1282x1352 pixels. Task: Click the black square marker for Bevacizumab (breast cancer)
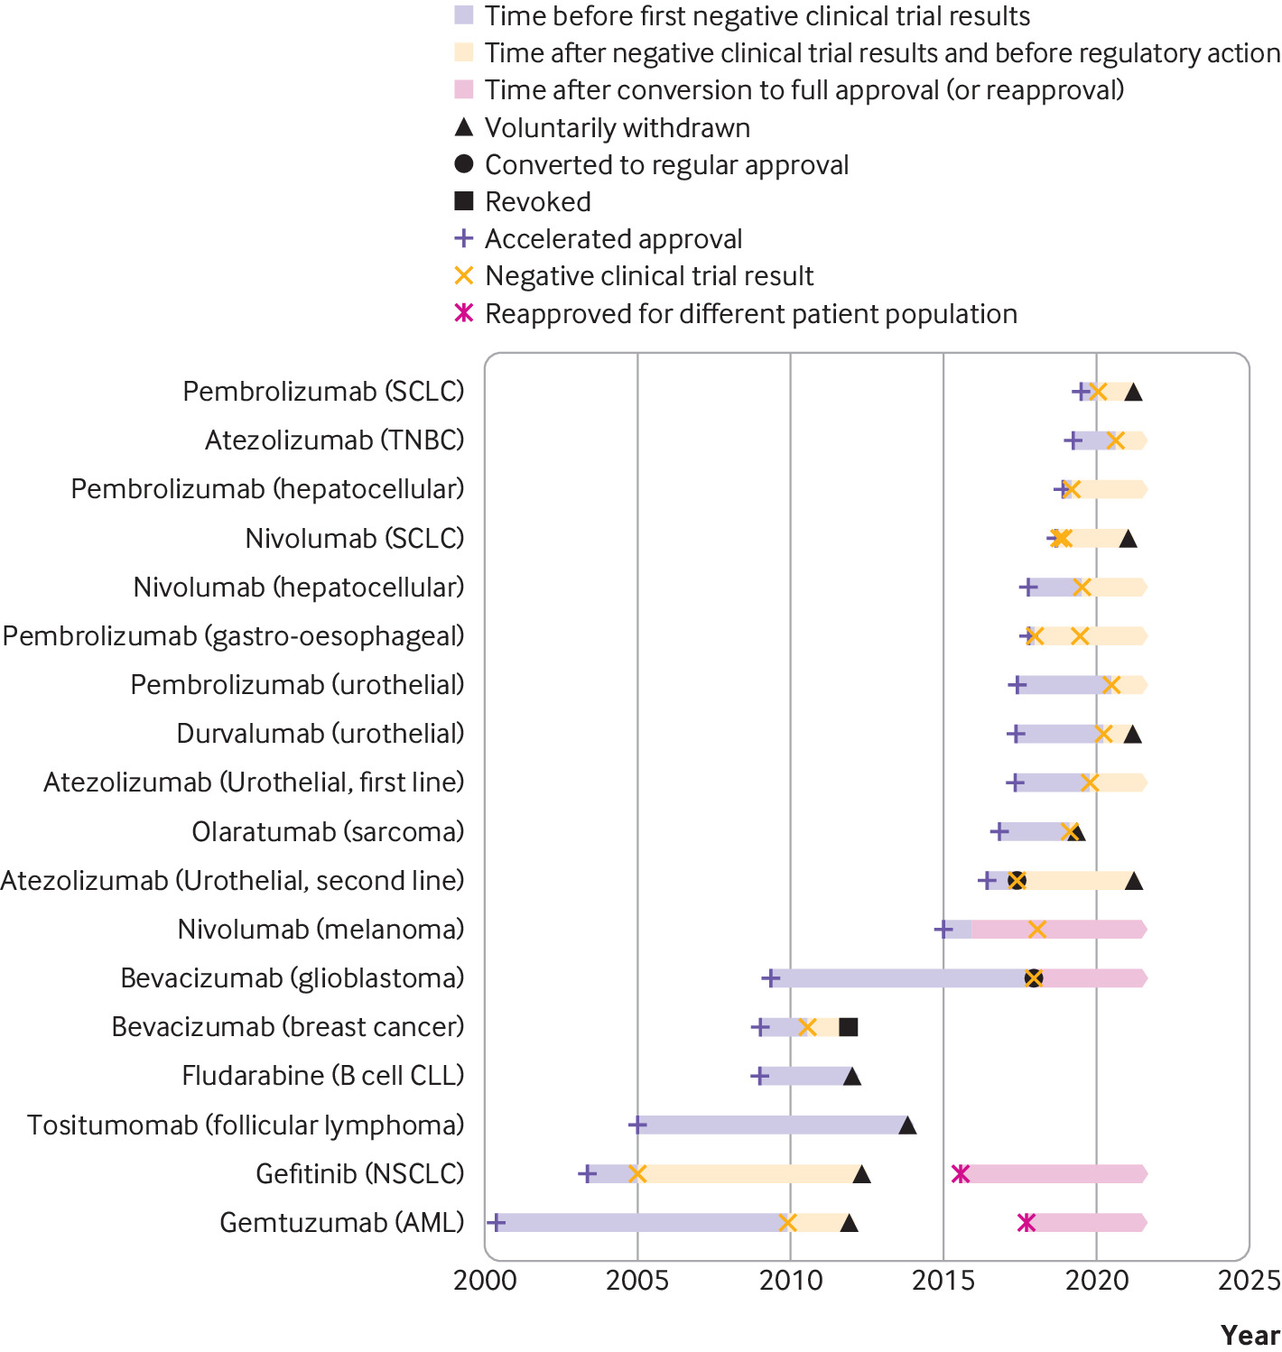pos(849,1027)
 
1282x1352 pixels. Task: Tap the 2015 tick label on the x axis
pos(943,1281)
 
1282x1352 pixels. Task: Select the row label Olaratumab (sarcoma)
pos(328,831)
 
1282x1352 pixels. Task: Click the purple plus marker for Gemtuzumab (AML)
pos(496,1223)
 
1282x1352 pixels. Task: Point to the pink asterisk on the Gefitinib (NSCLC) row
pos(961,1174)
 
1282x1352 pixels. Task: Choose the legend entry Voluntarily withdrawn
pos(617,128)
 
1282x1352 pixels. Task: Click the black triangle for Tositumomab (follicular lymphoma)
pos(907,1125)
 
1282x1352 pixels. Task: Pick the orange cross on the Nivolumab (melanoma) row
pos(1037,930)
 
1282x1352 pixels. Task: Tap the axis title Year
pos(1250,1335)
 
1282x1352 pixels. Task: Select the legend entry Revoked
pos(537,202)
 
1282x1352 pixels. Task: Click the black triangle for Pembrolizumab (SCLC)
pos(1133,392)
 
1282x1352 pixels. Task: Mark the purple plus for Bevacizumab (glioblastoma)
pos(770,978)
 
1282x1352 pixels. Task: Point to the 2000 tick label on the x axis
pos(485,1281)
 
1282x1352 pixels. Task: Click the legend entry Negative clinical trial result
pos(648,276)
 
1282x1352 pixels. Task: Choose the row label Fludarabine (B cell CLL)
pos(323,1076)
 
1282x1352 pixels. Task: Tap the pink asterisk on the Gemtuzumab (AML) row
pos(1026,1223)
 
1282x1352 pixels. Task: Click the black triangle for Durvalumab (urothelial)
pos(1132,735)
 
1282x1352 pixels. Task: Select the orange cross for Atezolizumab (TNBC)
pos(1116,440)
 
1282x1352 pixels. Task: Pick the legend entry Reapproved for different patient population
pos(750,314)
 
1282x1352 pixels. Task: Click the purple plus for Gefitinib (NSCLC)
pos(587,1174)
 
